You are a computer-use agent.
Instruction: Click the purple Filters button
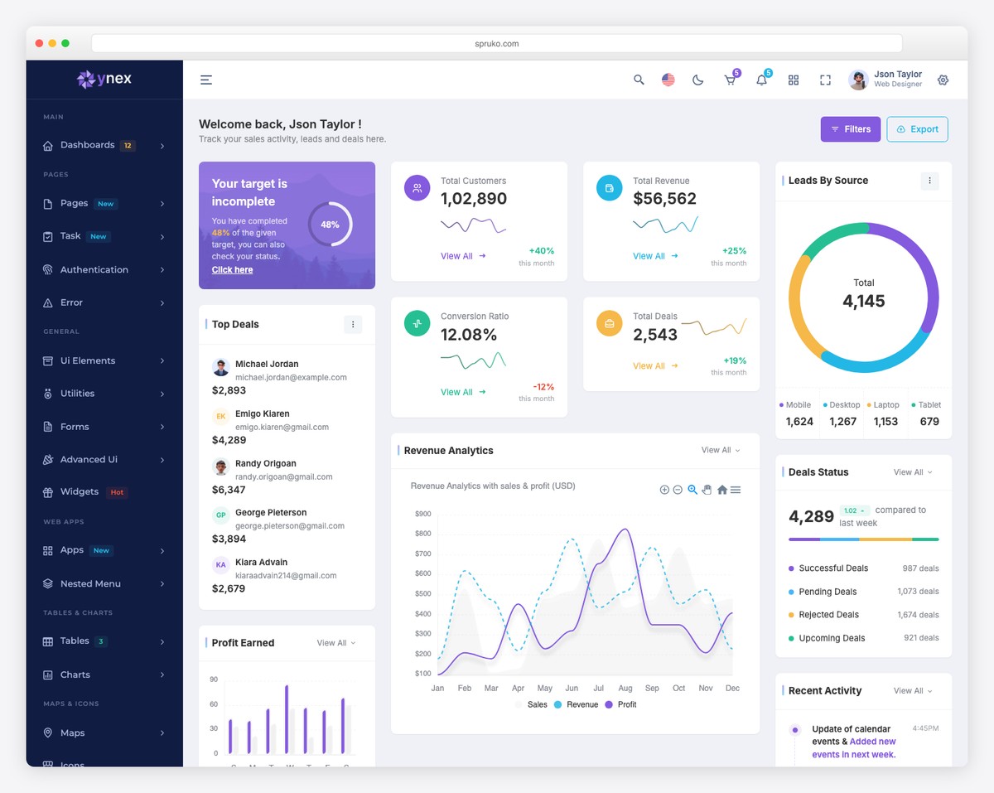850,129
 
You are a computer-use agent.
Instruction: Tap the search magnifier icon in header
639,80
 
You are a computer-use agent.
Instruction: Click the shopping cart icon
730,80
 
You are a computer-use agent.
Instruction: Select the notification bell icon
761,80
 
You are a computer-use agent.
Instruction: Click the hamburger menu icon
206,80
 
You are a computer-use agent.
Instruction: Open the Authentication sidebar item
94,270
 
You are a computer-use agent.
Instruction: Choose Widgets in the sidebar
80,492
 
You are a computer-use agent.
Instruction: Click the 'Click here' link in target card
232,270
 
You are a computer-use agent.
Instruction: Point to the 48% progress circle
330,225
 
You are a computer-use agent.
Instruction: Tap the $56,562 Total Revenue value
664,199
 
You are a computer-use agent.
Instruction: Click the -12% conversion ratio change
543,387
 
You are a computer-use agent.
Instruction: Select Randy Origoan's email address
283,476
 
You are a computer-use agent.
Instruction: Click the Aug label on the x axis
625,689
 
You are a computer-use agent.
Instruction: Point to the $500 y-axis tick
422,594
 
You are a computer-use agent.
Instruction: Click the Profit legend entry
626,704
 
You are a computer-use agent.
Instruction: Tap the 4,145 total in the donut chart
863,302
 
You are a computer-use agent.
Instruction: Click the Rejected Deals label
828,615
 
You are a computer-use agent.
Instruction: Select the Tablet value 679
929,422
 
